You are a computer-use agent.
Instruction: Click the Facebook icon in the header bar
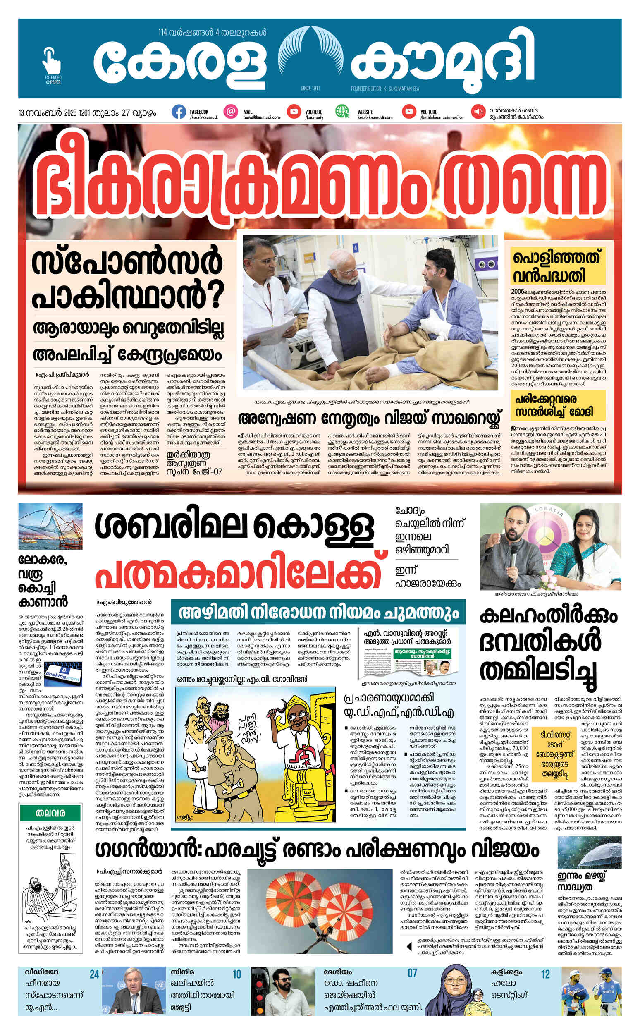point(179,112)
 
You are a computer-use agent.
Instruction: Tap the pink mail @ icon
point(231,112)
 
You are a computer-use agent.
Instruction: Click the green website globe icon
point(342,112)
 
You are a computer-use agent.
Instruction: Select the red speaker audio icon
point(478,112)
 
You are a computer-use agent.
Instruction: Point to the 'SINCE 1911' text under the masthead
point(310,89)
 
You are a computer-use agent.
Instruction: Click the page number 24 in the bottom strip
point(94,975)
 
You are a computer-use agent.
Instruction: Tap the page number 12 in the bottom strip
point(545,975)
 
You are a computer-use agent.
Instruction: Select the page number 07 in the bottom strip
point(412,974)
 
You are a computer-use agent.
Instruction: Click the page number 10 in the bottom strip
point(236,975)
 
